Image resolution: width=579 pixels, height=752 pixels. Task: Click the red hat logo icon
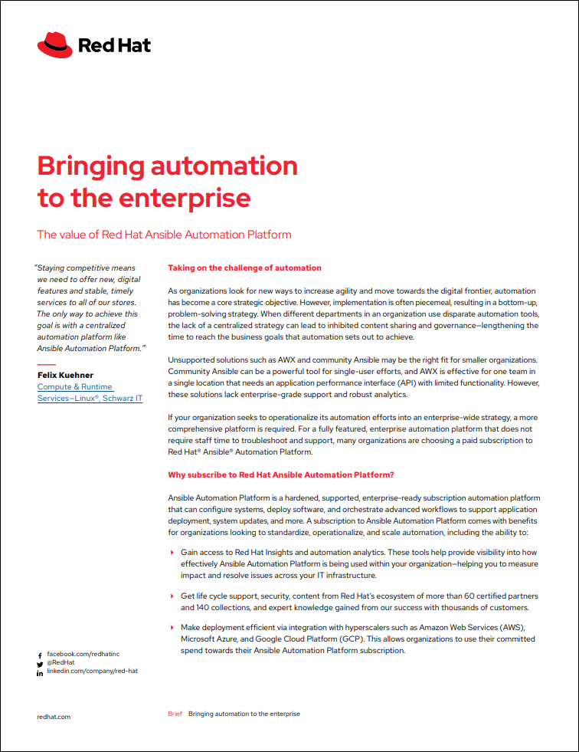click(54, 44)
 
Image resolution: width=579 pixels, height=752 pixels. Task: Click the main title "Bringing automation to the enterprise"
click(167, 181)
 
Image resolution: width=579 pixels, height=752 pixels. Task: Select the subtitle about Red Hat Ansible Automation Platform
click(164, 235)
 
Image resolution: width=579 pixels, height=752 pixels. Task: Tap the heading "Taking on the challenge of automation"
click(244, 268)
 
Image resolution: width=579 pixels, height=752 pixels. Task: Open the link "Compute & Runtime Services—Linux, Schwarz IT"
click(90, 392)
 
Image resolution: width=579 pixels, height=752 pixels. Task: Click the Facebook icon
click(40, 656)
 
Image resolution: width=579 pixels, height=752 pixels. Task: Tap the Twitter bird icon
click(40, 664)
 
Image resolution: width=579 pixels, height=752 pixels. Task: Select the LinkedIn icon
click(40, 672)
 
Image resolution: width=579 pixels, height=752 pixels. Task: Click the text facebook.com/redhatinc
click(83, 654)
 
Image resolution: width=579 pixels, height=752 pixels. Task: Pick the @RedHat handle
click(61, 662)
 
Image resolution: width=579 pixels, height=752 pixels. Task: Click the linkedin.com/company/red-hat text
click(92, 671)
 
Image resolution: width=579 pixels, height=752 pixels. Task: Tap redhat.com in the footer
click(54, 716)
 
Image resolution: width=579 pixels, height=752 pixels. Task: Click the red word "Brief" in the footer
click(175, 714)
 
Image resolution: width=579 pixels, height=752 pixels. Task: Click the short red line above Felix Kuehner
click(46, 363)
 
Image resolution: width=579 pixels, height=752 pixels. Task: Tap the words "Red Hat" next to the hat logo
click(114, 45)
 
